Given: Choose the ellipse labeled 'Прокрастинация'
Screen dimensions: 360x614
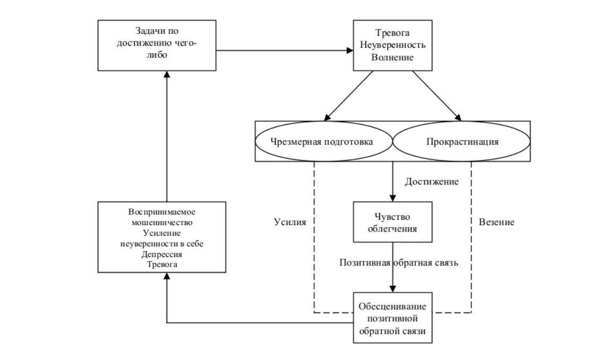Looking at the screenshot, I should [x=462, y=142].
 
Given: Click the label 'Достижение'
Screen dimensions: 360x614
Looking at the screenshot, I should [x=431, y=182].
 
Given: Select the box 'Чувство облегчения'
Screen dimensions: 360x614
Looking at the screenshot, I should [x=393, y=222].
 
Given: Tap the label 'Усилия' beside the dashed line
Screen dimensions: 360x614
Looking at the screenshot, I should [x=290, y=222].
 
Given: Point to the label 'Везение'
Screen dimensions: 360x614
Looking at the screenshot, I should [x=497, y=222].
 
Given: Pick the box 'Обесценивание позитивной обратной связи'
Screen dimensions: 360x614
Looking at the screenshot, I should [x=393, y=317].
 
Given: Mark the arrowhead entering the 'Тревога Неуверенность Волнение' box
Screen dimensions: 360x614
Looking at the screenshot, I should [x=351, y=50].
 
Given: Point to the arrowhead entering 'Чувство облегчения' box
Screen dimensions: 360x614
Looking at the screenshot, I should [x=393, y=197].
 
